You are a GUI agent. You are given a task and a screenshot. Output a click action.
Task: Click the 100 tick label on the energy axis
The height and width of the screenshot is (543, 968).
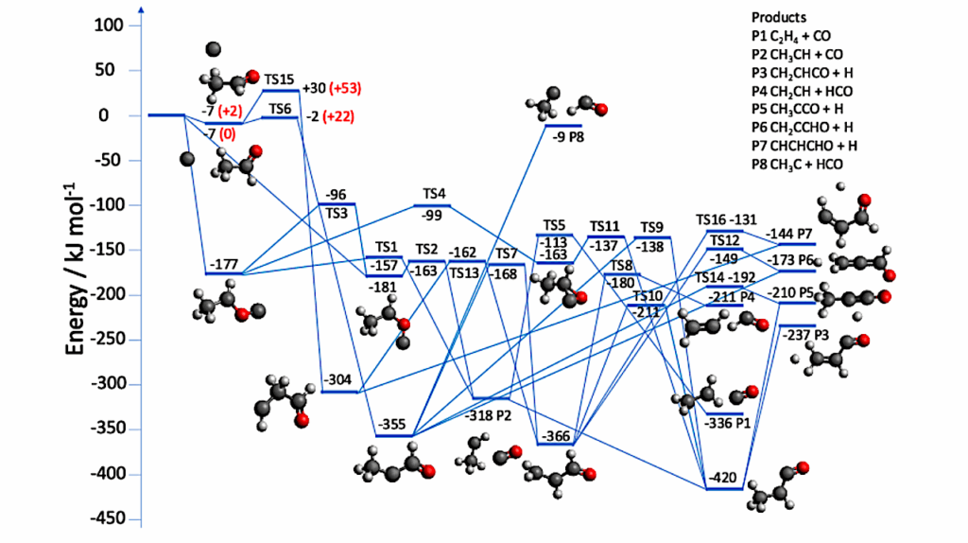(110, 26)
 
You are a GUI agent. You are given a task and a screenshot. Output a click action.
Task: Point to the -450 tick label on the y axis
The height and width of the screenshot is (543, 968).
(107, 519)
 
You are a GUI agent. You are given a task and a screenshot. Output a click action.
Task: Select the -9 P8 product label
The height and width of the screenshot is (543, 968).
(566, 134)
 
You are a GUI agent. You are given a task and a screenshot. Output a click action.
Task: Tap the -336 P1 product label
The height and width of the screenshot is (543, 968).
(727, 424)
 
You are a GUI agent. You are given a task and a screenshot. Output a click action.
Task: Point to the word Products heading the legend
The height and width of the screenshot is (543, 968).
(780, 17)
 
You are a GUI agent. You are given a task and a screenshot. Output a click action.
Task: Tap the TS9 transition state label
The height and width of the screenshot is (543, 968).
(651, 227)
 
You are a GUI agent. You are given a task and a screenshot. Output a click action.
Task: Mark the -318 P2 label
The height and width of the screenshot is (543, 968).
(489, 413)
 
